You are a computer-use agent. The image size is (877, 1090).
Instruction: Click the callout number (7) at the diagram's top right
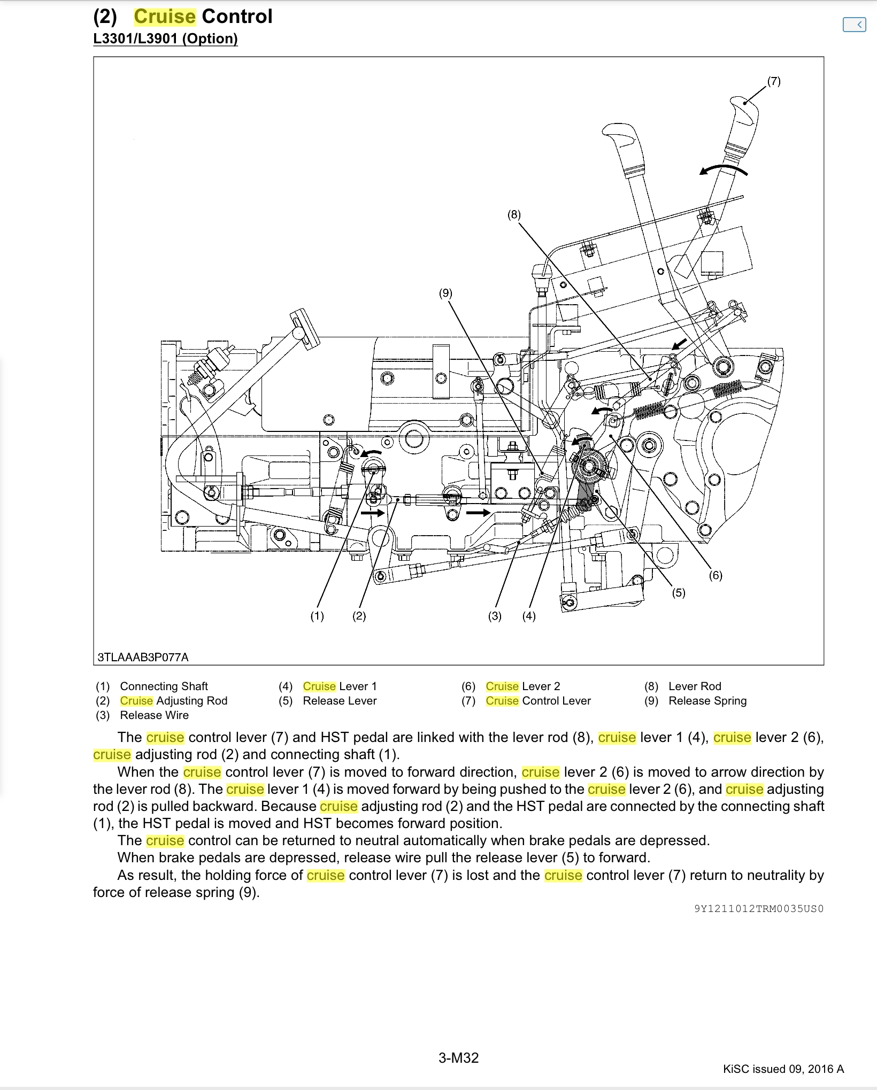tap(774, 81)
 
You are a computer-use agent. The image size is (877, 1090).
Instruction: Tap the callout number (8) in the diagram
tap(514, 215)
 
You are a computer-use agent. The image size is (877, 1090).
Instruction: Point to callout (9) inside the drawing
tap(445, 293)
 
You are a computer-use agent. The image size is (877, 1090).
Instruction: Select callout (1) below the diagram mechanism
tap(317, 616)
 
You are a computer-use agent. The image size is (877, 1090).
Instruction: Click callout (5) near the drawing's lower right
tap(679, 592)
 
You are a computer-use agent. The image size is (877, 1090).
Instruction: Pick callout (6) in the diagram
tap(716, 575)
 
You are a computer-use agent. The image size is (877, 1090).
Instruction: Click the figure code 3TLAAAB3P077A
tap(143, 657)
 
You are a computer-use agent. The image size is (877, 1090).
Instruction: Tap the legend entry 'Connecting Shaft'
tap(164, 686)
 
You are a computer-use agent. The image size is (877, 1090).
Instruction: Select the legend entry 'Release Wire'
tap(154, 715)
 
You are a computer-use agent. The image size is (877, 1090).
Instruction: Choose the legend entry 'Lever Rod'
tap(695, 686)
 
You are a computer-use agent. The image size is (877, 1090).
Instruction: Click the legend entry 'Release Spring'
tap(707, 700)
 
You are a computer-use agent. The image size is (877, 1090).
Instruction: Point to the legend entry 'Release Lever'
tap(340, 700)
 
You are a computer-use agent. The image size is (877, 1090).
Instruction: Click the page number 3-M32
tap(458, 1057)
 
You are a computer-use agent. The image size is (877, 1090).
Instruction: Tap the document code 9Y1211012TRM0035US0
tap(759, 908)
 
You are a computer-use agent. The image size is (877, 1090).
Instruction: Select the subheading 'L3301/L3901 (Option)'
tap(165, 38)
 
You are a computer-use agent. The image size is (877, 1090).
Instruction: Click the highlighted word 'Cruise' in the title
tap(165, 17)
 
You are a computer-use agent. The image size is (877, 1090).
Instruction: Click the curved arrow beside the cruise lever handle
tap(723, 170)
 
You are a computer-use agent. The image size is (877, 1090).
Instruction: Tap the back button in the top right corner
tap(854, 25)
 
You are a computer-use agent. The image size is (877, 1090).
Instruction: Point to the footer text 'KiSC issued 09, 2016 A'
tap(783, 1069)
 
